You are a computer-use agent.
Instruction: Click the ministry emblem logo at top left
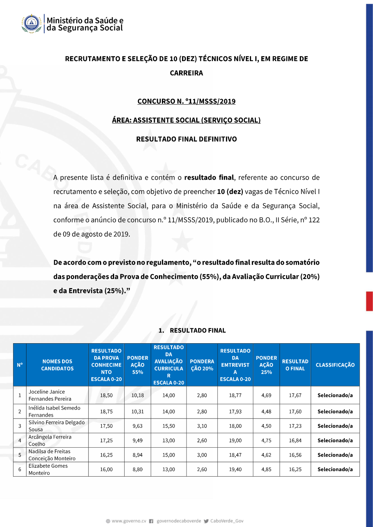pos(31,23)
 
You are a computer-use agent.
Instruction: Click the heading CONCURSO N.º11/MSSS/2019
pos(186,101)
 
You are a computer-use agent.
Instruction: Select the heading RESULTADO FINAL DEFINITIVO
pos(186,139)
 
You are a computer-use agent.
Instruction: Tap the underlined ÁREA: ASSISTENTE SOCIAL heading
pos(186,120)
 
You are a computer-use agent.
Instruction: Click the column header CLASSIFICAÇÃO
pos(335,365)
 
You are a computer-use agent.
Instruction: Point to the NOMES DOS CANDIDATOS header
pos(57,365)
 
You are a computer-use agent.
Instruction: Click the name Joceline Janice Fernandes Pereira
pos(50,395)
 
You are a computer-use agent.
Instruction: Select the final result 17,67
pos(295,395)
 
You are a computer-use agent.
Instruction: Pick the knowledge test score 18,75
pos(106,411)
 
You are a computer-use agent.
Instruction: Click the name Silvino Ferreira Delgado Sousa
pos(56,426)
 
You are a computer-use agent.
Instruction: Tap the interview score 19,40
pos(235,469)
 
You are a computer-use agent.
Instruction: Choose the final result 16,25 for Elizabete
pos(295,469)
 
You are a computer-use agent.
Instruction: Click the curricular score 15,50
pos(169,426)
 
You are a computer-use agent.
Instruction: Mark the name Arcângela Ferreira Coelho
pos(50,440)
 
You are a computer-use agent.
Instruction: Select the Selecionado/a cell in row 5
pos(335,455)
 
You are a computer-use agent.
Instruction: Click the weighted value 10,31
pos(138,411)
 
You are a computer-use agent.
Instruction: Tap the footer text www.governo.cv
pos(129,521)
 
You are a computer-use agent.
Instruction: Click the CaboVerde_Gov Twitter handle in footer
pos(226,521)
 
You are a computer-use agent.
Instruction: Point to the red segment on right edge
pos(369,301)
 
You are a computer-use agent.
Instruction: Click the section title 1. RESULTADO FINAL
pos(192,331)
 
